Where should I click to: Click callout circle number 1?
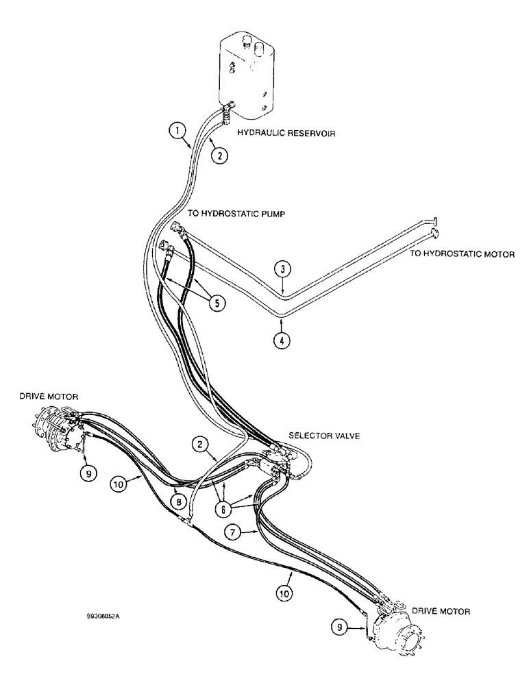point(177,129)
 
